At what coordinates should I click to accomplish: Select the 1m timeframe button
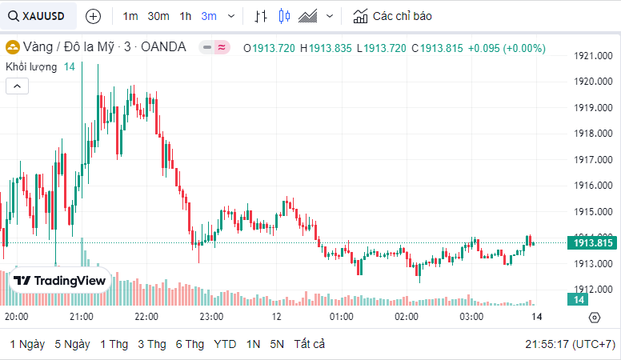pyautogui.click(x=130, y=16)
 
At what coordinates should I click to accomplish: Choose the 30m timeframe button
pyautogui.click(x=158, y=16)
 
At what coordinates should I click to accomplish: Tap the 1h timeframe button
pyautogui.click(x=186, y=16)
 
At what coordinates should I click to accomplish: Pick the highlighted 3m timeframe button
pyautogui.click(x=209, y=16)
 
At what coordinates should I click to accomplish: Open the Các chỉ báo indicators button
pyautogui.click(x=392, y=16)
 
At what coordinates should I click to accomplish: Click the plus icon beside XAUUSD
pyautogui.click(x=93, y=16)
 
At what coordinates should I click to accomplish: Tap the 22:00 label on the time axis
pyautogui.click(x=146, y=317)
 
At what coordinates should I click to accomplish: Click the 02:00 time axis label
pyautogui.click(x=407, y=317)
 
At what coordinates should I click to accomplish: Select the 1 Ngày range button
pyautogui.click(x=27, y=344)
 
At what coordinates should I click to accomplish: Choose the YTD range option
pyautogui.click(x=225, y=344)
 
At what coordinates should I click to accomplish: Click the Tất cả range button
pyautogui.click(x=310, y=344)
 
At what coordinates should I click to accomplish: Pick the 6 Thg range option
pyautogui.click(x=190, y=344)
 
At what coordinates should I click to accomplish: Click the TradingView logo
pyautogui.click(x=59, y=281)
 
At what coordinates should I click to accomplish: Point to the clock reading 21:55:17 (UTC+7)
pyautogui.click(x=570, y=344)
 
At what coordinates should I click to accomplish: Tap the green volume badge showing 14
pyautogui.click(x=578, y=299)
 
